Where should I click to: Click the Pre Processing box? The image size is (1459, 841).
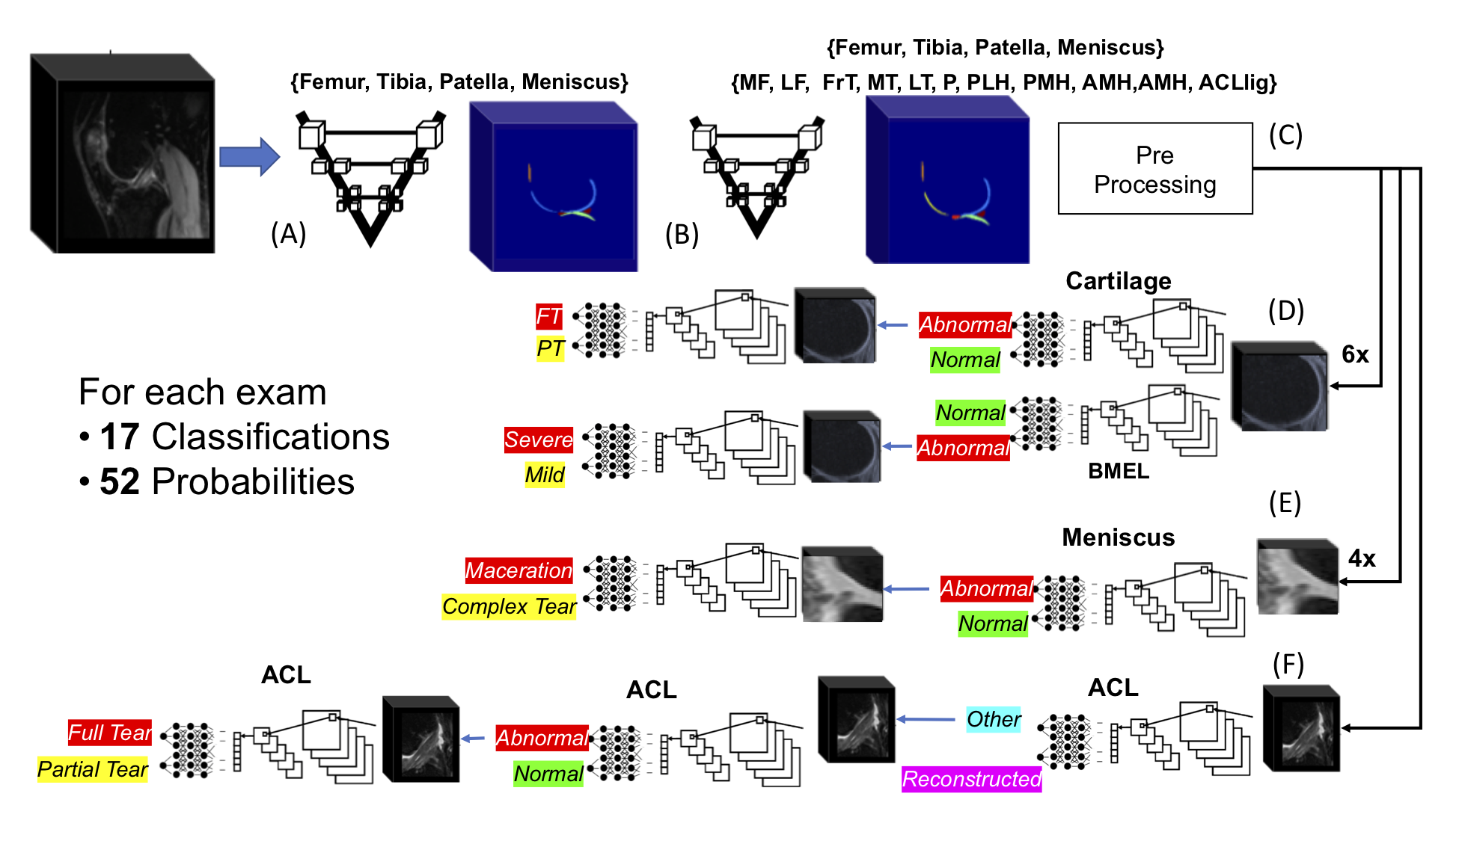point(1154,169)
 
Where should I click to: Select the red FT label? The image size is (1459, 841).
point(548,316)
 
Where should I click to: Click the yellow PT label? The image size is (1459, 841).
point(550,348)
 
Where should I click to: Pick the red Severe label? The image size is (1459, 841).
point(538,440)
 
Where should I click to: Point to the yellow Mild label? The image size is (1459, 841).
point(545,475)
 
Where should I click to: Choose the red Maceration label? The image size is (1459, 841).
point(519,570)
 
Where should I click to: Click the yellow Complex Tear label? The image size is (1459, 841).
point(509,606)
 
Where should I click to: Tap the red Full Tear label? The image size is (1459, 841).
point(110,733)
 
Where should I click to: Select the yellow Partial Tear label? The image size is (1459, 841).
point(93,769)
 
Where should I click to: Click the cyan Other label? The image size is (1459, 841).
point(994,719)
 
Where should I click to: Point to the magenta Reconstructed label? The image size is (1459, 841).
point(971,779)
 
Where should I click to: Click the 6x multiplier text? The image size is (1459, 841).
point(1355,354)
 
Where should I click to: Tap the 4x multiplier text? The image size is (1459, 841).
point(1362,558)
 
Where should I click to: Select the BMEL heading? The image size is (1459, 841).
point(1118,471)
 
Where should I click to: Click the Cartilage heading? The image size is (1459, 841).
point(1118,281)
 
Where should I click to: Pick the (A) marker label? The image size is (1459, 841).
point(288,234)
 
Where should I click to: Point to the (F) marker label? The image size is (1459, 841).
point(1288,664)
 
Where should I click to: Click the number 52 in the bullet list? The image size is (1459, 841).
point(120,481)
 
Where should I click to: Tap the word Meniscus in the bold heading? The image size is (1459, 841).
point(1118,537)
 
